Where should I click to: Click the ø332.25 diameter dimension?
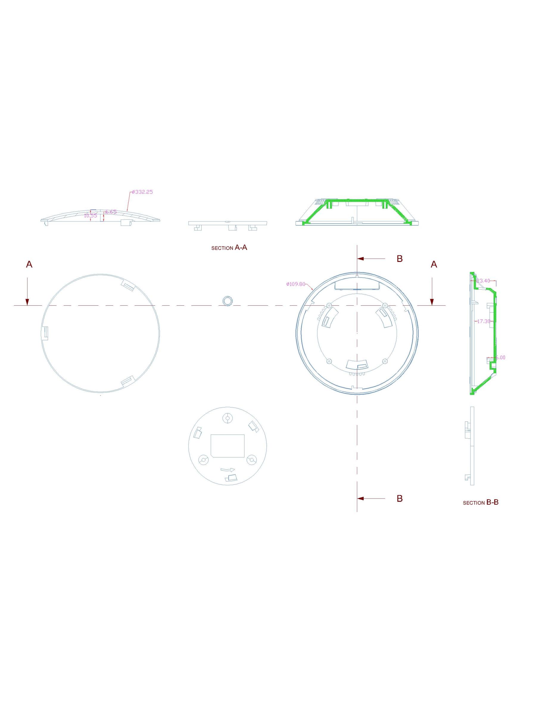[x=142, y=192]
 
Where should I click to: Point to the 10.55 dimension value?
[x=90, y=215]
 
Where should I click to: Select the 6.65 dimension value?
[x=111, y=212]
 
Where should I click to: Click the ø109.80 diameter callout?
[x=296, y=284]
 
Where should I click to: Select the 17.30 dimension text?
[x=483, y=321]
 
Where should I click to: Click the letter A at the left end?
[x=29, y=264]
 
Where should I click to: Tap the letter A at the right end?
[x=434, y=264]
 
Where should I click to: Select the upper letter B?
[x=399, y=259]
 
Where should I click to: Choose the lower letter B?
[x=399, y=498]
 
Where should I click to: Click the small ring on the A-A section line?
[x=227, y=301]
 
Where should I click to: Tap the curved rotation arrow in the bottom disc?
[x=228, y=470]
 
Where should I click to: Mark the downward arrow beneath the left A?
[x=27, y=292]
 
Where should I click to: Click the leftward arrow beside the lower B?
[x=372, y=498]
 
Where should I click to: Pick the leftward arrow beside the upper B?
[x=372, y=259]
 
